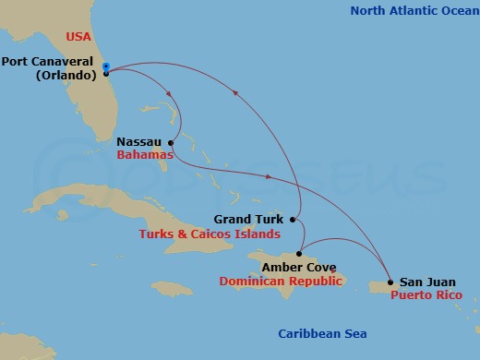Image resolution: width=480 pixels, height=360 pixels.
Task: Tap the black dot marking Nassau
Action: [171, 143]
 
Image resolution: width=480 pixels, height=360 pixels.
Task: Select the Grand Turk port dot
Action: [293, 220]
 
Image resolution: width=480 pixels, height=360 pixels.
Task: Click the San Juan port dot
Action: [390, 282]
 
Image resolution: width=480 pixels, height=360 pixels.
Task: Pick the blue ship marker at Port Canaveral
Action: [107, 66]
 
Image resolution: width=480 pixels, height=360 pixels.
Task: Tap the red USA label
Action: [78, 37]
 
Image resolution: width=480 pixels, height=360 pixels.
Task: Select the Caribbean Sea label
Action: [322, 334]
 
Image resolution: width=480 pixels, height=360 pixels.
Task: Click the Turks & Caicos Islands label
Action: [209, 234]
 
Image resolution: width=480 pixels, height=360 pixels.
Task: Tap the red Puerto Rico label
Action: [424, 295]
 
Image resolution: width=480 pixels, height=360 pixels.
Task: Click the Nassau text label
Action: [139, 143]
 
